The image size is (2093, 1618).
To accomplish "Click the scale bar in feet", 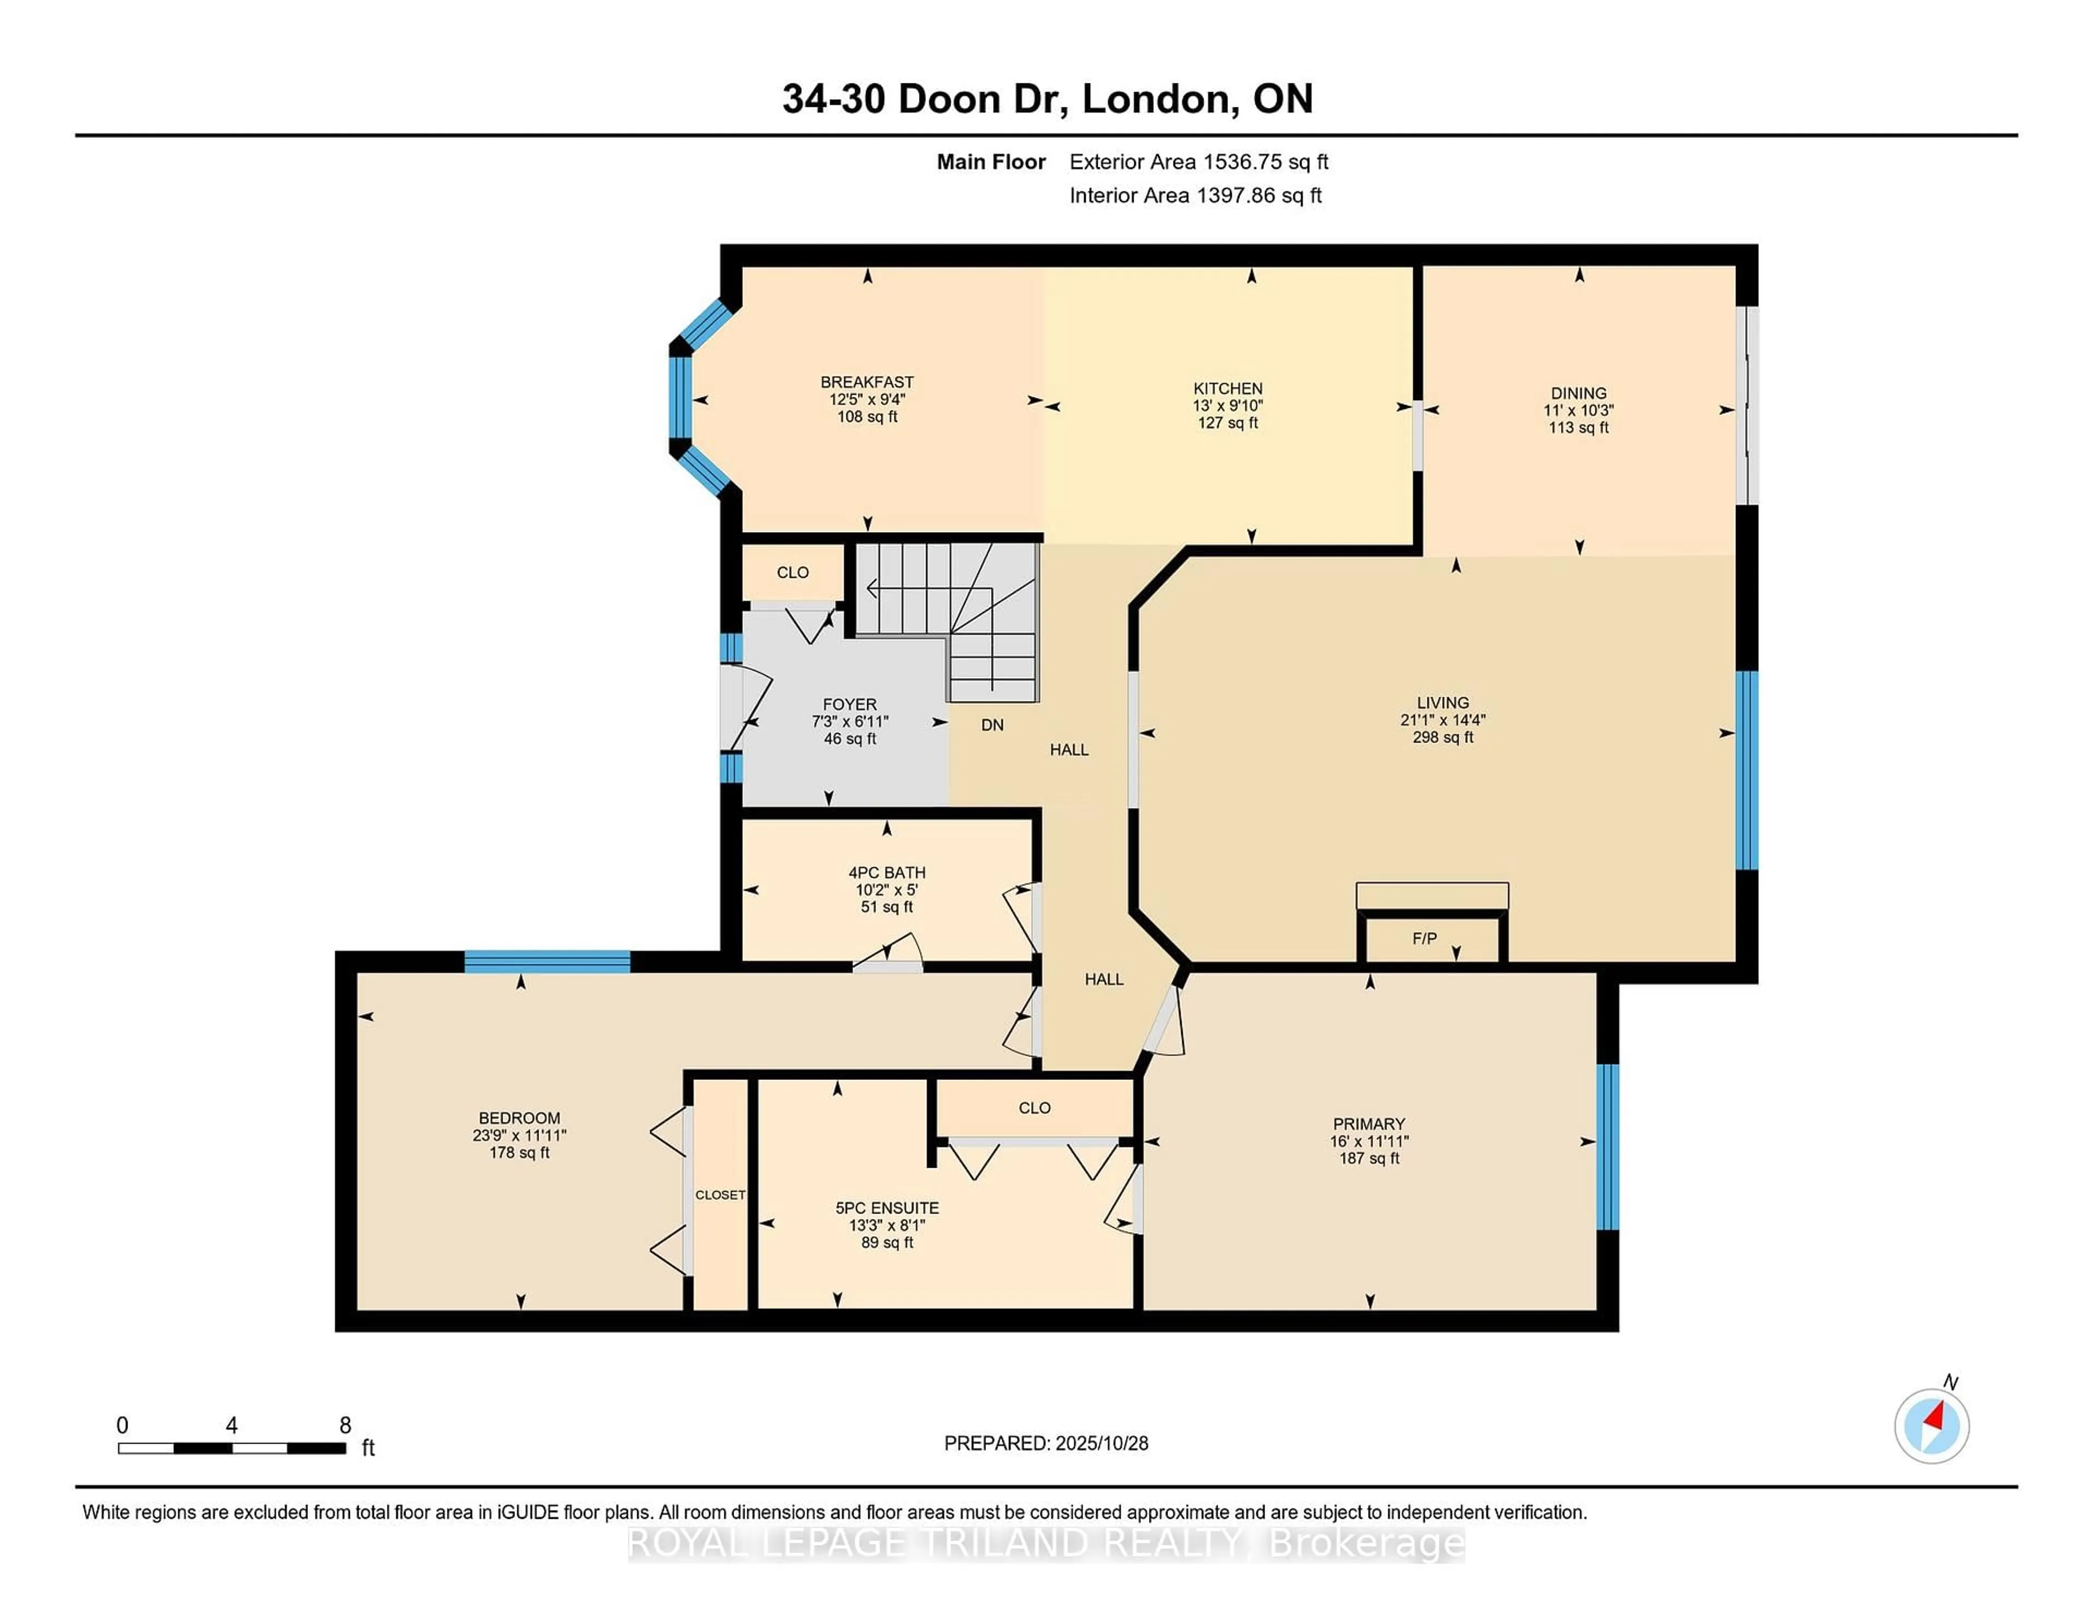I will coord(232,1447).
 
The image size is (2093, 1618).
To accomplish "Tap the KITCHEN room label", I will coord(1227,388).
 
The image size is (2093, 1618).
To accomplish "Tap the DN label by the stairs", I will coord(992,725).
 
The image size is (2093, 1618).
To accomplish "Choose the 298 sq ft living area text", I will coord(1442,737).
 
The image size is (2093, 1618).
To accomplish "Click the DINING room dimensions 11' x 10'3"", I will coord(1578,410).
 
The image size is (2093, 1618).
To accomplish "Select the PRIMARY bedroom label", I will coord(1369,1124).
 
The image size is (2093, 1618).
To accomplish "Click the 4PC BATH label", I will coord(886,872).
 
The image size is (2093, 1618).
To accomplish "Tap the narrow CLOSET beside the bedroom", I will coord(719,1194).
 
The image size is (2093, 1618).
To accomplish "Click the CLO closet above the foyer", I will coord(793,572).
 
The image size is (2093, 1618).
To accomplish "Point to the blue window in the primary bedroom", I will coord(1608,1146).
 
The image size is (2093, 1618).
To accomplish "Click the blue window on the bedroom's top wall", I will coord(547,962).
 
